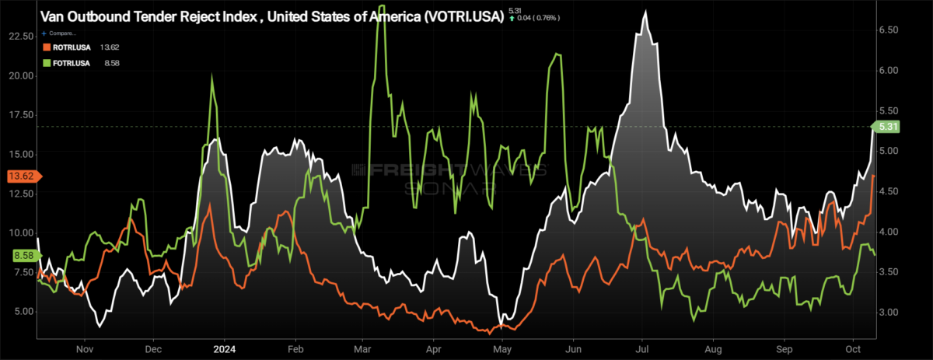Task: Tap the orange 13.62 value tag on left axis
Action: pos(19,177)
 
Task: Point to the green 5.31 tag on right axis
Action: pos(888,126)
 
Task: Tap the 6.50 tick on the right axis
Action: pos(889,30)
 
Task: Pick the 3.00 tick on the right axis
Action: pos(889,312)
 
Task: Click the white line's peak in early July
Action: pos(645,12)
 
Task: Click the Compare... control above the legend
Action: pos(62,34)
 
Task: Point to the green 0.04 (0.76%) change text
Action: pos(534,16)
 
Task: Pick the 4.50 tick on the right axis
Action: pos(889,191)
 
